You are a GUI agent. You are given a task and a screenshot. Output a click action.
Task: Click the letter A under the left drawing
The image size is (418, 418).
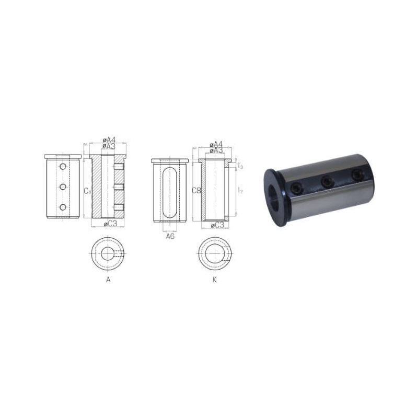click(108, 280)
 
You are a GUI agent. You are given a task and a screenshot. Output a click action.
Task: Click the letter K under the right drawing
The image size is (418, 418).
click(215, 280)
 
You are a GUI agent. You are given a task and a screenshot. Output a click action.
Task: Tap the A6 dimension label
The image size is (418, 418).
click(170, 236)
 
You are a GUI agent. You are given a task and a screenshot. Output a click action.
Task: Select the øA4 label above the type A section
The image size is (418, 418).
click(109, 140)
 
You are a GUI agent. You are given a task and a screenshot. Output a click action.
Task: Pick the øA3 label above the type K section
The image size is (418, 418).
click(216, 150)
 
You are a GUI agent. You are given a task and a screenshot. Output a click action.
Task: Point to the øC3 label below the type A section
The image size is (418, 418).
click(110, 224)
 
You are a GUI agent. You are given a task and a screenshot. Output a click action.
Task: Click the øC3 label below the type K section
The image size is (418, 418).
click(217, 226)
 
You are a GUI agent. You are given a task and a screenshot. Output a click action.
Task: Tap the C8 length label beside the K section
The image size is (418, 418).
click(196, 190)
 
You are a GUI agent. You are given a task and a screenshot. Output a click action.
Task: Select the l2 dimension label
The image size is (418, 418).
click(240, 190)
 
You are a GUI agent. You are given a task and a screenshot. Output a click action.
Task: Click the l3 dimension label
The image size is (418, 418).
click(240, 166)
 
